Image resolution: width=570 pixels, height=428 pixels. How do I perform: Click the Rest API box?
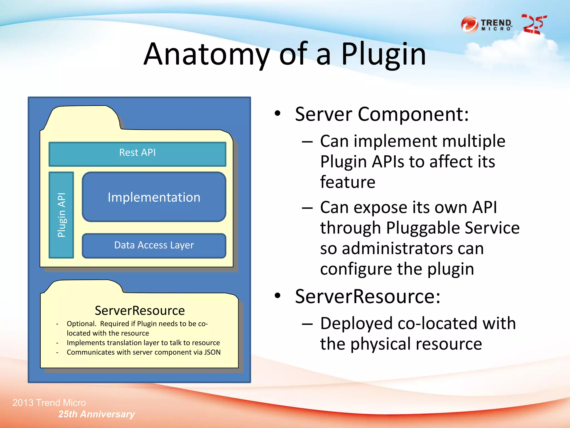coord(137,154)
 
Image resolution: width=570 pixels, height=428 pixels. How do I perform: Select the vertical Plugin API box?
coord(61,215)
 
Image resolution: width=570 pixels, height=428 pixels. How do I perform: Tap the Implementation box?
coord(154,197)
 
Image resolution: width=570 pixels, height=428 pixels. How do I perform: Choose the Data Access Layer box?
coord(154,245)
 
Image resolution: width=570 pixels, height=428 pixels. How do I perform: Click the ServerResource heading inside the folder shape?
coord(140,310)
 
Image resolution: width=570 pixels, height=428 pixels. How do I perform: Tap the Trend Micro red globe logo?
coord(469,25)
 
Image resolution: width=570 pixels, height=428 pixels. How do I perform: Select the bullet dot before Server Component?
coord(277,113)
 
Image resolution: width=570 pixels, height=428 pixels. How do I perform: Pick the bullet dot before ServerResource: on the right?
coord(277,296)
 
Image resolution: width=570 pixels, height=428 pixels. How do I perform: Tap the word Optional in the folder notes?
coord(81,324)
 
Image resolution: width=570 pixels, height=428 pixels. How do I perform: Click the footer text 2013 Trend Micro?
coord(49,403)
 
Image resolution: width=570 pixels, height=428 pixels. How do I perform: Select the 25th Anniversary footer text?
coord(96,414)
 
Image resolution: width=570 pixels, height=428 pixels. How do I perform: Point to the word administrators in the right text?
coord(412,248)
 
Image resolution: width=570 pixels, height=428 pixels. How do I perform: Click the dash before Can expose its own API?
coord(307,208)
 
